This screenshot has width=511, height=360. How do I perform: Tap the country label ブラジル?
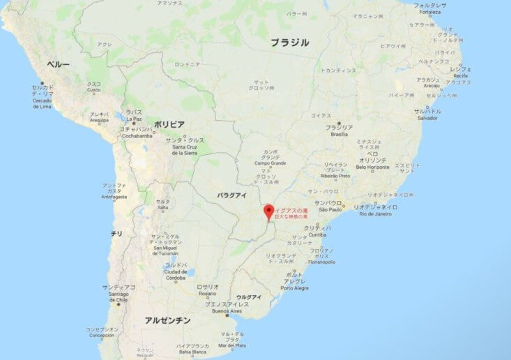coord(290,43)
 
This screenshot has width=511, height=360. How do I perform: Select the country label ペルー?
coord(58,64)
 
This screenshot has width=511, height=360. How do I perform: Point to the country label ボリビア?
coord(169,124)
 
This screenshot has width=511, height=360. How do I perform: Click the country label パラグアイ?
coord(231,195)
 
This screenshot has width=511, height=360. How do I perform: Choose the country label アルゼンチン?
coord(167,320)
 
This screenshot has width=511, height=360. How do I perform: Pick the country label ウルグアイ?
coord(249,297)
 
